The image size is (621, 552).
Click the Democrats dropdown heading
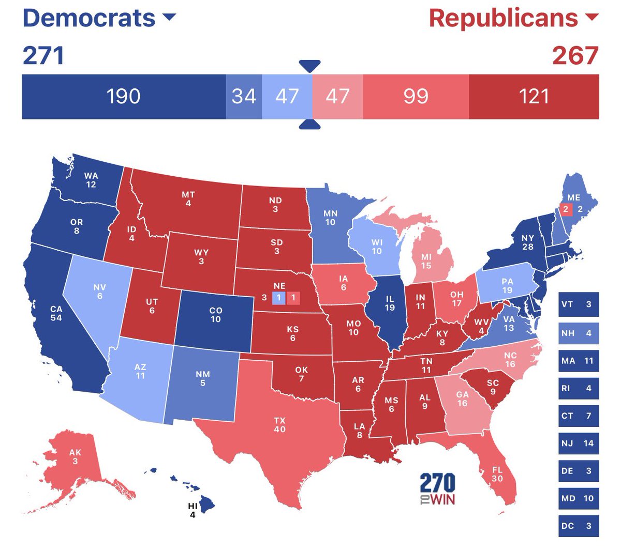(98, 18)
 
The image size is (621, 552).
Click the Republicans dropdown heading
(512, 18)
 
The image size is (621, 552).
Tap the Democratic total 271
(43, 56)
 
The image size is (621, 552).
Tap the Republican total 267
(575, 56)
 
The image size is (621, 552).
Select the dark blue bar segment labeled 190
(123, 97)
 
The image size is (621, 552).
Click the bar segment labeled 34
(244, 97)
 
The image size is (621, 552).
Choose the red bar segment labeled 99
(416, 97)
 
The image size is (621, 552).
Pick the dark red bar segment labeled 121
(534, 97)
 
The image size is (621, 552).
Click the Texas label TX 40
(279, 425)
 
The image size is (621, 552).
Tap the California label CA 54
(56, 313)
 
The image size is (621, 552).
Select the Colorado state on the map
(215, 315)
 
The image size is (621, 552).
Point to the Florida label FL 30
(497, 474)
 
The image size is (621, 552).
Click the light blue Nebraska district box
(278, 298)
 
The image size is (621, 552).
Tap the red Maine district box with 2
(566, 209)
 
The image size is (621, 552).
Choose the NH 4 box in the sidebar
(579, 333)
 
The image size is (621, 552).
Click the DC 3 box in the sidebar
(579, 526)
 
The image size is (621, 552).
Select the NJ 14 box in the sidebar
(579, 443)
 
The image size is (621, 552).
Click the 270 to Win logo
(437, 489)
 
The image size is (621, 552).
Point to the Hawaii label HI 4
(193, 510)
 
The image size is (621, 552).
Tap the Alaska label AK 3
(75, 456)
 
